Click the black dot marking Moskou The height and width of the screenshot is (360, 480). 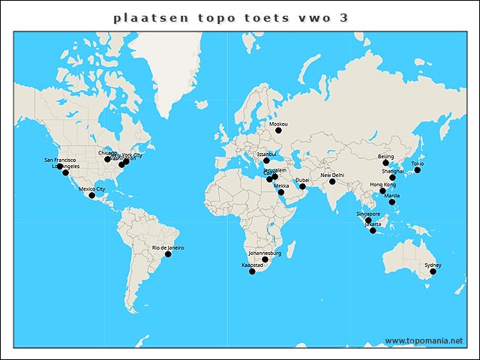tap(278, 130)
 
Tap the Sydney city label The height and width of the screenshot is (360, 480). tap(433, 265)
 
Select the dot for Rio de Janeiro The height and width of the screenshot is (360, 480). tap(168, 254)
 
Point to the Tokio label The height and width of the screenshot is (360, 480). tap(418, 163)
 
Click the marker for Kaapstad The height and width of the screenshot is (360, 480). tap(252, 271)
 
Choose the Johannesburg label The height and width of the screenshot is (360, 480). tap(265, 253)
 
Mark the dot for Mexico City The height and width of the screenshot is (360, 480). tap(92, 196)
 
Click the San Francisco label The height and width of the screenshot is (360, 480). tap(60, 160)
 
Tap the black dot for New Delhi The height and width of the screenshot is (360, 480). tap(332, 181)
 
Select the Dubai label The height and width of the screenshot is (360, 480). tap(302, 180)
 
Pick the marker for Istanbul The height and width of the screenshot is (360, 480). tap(266, 160)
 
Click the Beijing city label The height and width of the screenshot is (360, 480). tap(385, 156)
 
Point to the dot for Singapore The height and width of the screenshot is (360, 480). tap(368, 220)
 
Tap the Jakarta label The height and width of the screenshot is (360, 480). tap(373, 224)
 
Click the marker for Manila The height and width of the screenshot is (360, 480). tap(391, 202)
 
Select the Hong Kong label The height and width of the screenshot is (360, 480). tap(382, 184)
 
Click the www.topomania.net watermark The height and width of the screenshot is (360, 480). tap(424, 340)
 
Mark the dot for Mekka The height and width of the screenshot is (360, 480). tap(281, 192)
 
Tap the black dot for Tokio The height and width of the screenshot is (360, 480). tap(418, 170)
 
